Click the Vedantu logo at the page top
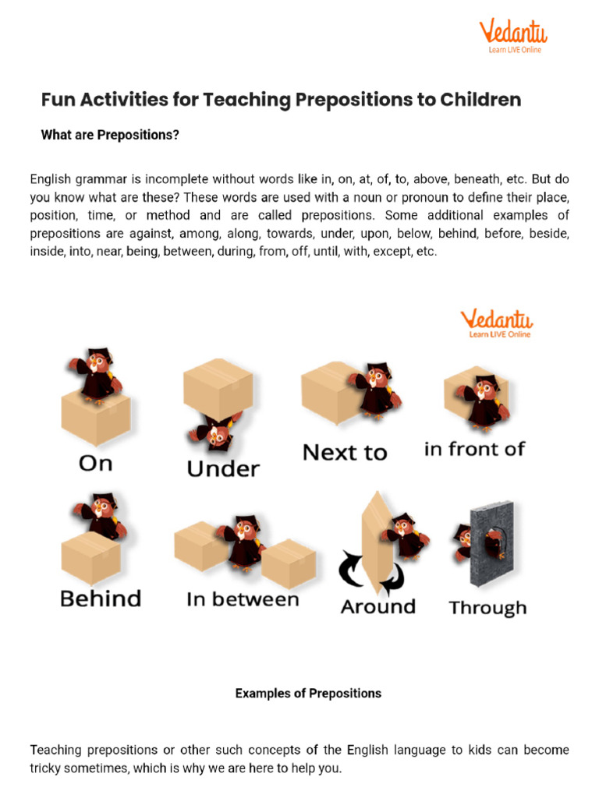(x=512, y=36)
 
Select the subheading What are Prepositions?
(x=110, y=136)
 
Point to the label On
(x=96, y=464)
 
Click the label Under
(x=223, y=469)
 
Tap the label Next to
(x=344, y=453)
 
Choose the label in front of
(x=474, y=450)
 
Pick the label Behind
(x=101, y=598)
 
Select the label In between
(x=243, y=599)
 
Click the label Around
(x=378, y=606)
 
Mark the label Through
(x=487, y=608)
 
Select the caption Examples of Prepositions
(x=308, y=693)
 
